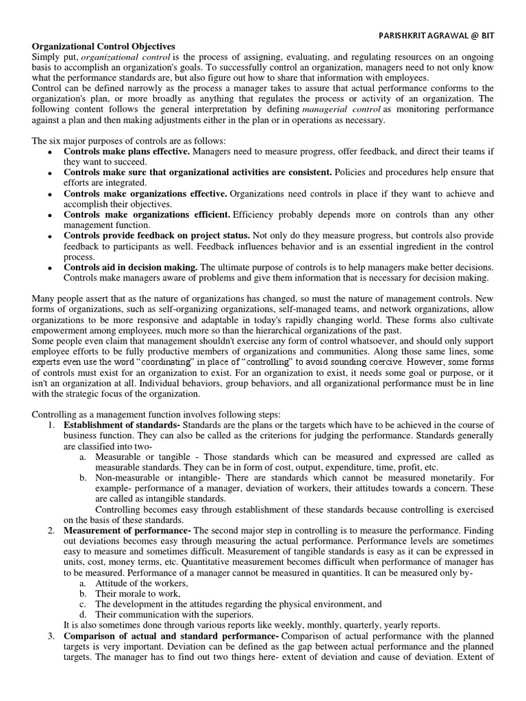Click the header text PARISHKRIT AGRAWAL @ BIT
436,36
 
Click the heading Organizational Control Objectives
103,46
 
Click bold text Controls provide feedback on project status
158,236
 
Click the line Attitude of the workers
141,583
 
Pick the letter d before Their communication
82,614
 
